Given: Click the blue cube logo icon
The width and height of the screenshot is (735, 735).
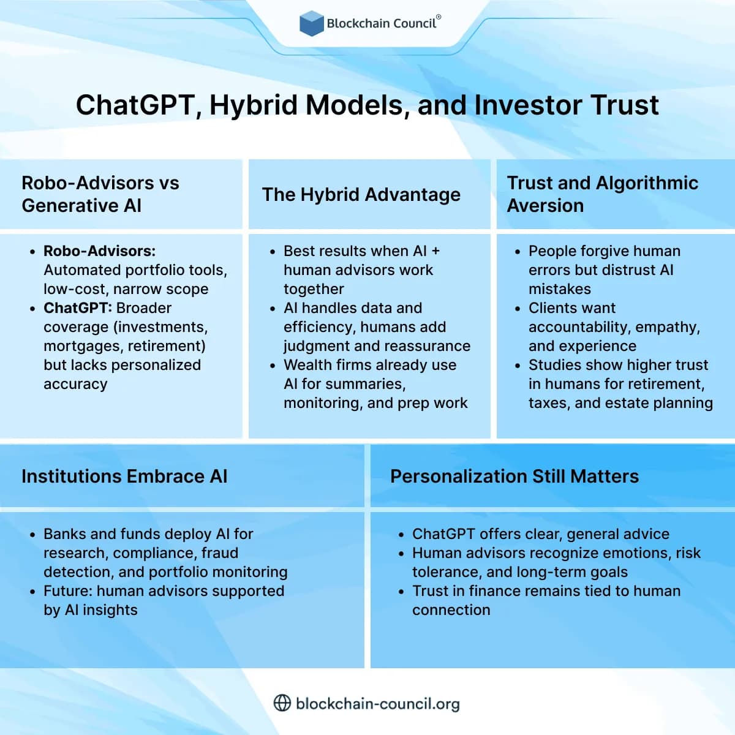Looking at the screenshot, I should click(311, 23).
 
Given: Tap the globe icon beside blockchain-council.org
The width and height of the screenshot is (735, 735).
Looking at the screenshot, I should click(282, 703).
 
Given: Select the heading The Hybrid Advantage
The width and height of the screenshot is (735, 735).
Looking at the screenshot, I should click(361, 194).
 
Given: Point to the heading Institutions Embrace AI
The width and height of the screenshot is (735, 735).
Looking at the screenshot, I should click(124, 476).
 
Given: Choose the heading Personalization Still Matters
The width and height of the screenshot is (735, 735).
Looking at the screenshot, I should click(514, 476).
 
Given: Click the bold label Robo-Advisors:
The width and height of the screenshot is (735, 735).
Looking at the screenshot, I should click(99, 251).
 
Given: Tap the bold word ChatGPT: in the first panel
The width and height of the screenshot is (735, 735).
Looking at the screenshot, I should click(77, 308).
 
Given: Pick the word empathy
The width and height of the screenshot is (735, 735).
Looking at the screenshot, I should click(669, 327).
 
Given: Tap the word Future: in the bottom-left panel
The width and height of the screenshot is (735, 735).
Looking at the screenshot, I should click(67, 591).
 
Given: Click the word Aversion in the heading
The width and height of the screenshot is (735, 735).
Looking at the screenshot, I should click(545, 206).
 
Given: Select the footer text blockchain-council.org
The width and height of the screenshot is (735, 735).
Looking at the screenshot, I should click(377, 703).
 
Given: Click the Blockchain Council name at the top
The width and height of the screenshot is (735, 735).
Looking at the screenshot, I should click(382, 23).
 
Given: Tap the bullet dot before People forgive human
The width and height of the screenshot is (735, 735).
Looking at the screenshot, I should click(518, 252).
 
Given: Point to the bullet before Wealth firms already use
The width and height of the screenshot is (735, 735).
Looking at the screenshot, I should click(273, 366).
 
